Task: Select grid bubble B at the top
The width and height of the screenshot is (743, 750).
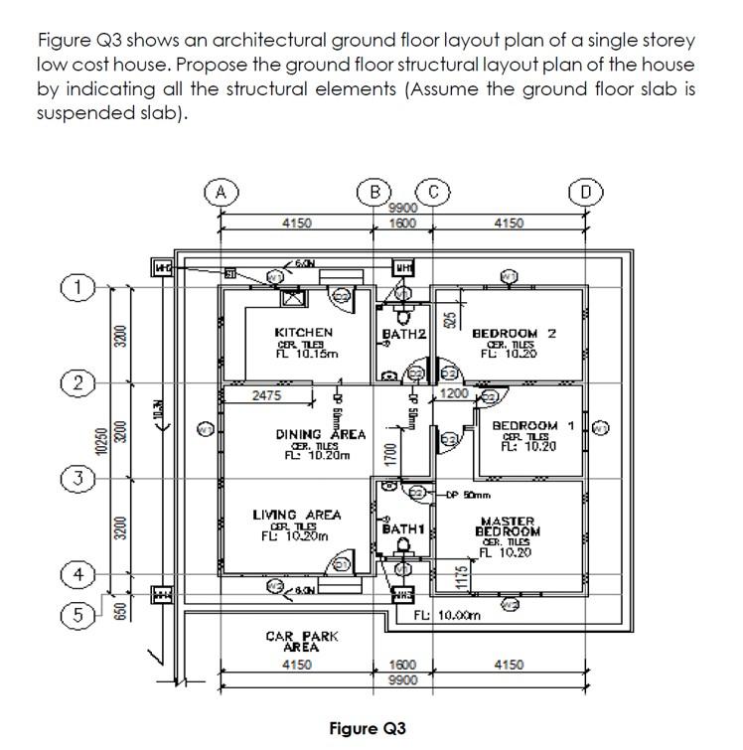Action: coord(376,192)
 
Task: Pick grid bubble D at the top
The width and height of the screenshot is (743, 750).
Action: coord(587,192)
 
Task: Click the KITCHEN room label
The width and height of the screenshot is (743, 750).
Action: coord(304,332)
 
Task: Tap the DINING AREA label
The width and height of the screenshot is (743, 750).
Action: coord(321,435)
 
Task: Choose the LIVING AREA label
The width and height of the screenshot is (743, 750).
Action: coord(296,515)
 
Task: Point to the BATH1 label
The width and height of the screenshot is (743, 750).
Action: coord(402,530)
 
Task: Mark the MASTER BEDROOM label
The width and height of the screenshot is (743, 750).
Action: coord(508,526)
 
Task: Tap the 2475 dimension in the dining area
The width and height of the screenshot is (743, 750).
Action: coord(266,395)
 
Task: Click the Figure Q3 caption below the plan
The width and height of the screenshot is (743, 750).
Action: coord(368,727)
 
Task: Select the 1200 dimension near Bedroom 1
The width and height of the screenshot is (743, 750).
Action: coord(454,394)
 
